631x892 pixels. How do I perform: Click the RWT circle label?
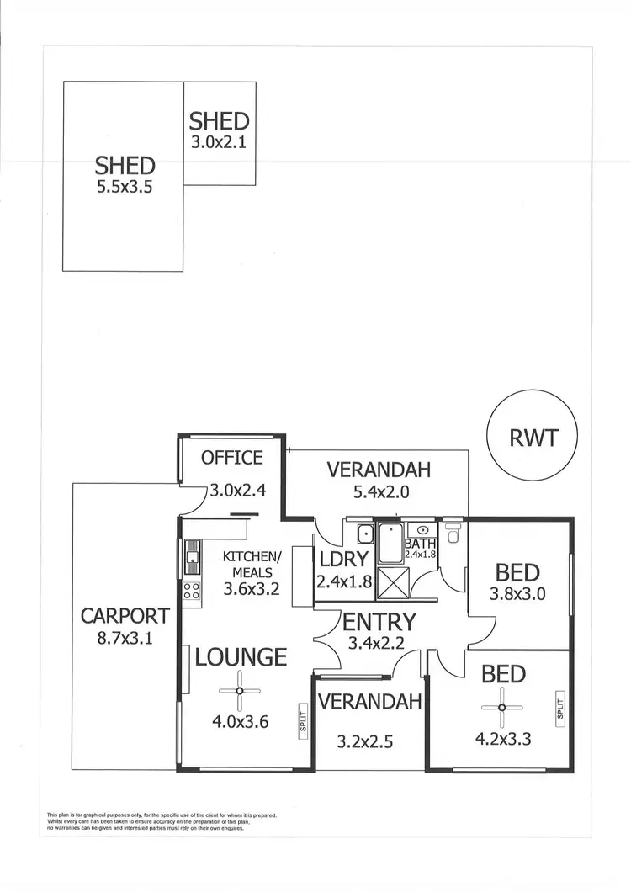pyautogui.click(x=533, y=438)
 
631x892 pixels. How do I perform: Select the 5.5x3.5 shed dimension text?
pyautogui.click(x=125, y=188)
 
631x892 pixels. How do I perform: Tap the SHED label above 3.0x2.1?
pyautogui.click(x=219, y=120)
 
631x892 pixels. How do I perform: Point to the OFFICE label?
pyautogui.click(x=232, y=458)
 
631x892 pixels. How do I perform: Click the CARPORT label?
pyautogui.click(x=125, y=615)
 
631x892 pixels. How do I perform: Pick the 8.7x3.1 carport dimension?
pyautogui.click(x=125, y=638)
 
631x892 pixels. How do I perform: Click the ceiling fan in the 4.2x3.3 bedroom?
pyautogui.click(x=502, y=707)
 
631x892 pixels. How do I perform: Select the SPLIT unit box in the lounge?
pyautogui.click(x=303, y=721)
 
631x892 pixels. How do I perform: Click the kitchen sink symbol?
pyautogui.click(x=193, y=555)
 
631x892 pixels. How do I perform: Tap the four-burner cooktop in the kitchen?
pyautogui.click(x=192, y=590)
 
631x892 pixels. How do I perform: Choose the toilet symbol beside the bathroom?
pyautogui.click(x=454, y=533)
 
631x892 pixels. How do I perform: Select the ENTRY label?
pyautogui.click(x=379, y=622)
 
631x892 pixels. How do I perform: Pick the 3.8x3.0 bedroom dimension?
pyautogui.click(x=517, y=593)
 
